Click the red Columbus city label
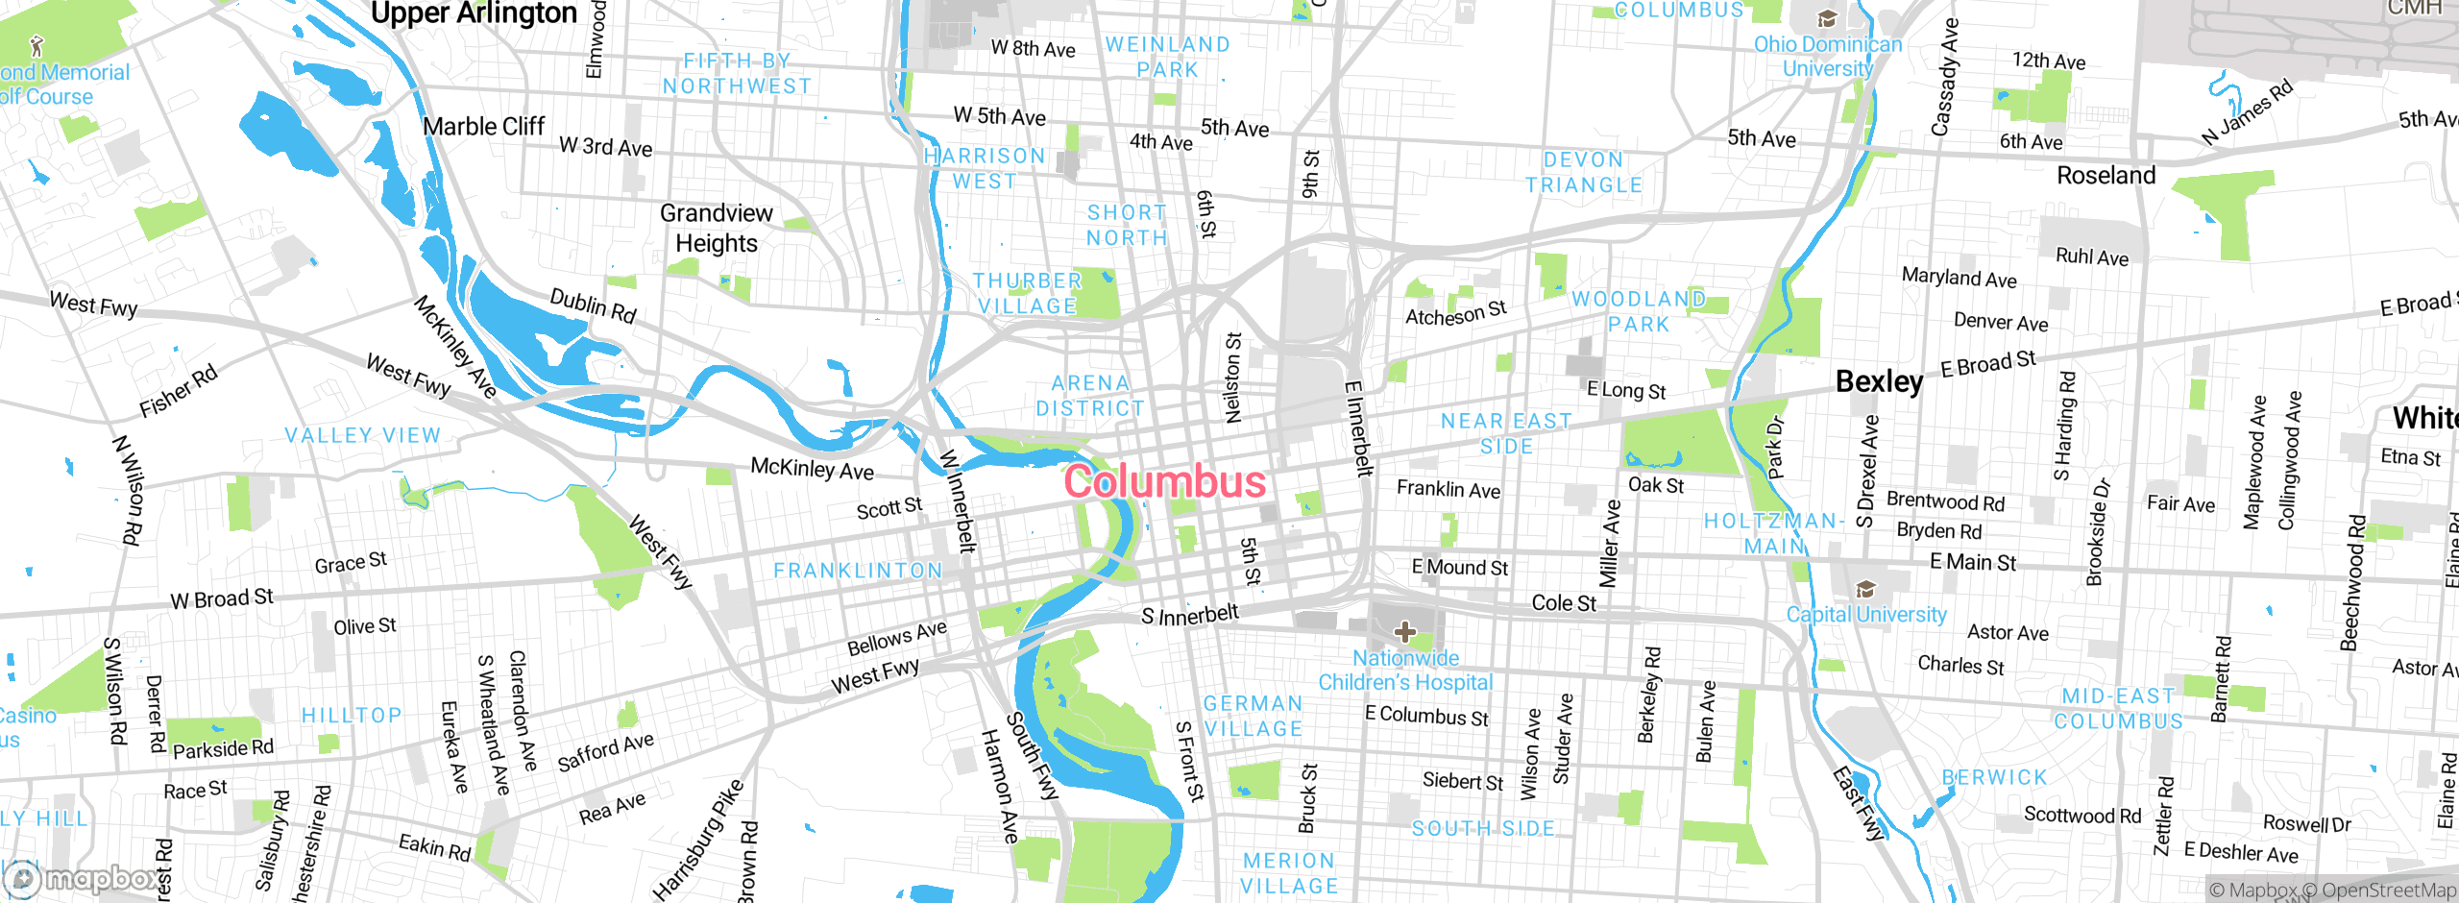click(1164, 481)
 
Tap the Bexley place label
click(1879, 381)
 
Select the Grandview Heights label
click(717, 228)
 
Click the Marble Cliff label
click(483, 127)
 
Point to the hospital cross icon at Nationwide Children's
click(1404, 631)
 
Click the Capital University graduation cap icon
click(1865, 589)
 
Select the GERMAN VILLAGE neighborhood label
click(1254, 716)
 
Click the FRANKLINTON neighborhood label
click(858, 571)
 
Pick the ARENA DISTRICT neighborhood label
click(1090, 396)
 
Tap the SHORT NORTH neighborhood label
click(1127, 225)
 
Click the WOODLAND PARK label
click(1639, 311)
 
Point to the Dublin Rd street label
click(593, 305)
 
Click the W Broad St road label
click(222, 598)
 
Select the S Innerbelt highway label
click(1190, 615)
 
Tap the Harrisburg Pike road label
click(698, 840)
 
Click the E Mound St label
click(1459, 568)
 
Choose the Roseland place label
click(2106, 176)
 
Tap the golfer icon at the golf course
click(37, 45)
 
